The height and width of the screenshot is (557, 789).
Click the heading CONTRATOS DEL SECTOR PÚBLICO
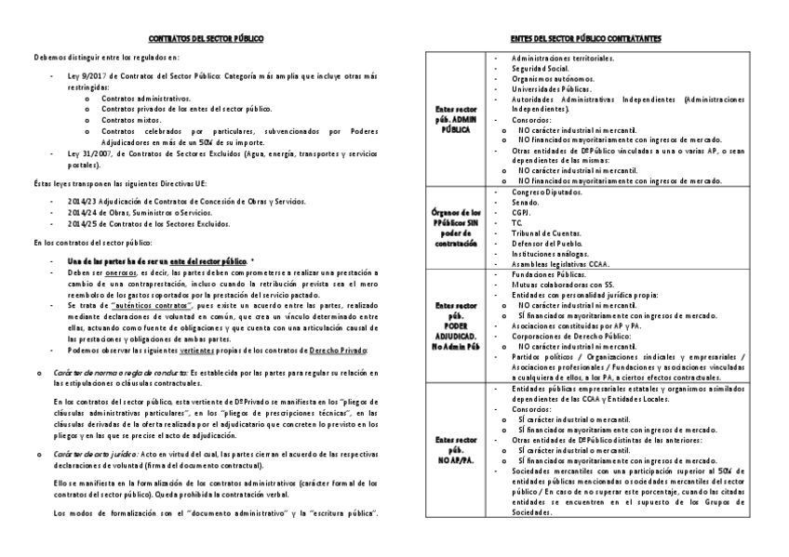(x=207, y=40)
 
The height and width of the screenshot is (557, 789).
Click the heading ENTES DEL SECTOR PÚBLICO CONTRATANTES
(x=586, y=40)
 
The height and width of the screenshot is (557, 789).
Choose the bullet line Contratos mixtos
(x=132, y=119)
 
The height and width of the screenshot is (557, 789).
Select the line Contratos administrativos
(x=145, y=97)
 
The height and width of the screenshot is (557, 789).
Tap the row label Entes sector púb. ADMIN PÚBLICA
(x=456, y=120)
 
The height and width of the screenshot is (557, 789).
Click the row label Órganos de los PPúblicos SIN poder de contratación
(x=456, y=227)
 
